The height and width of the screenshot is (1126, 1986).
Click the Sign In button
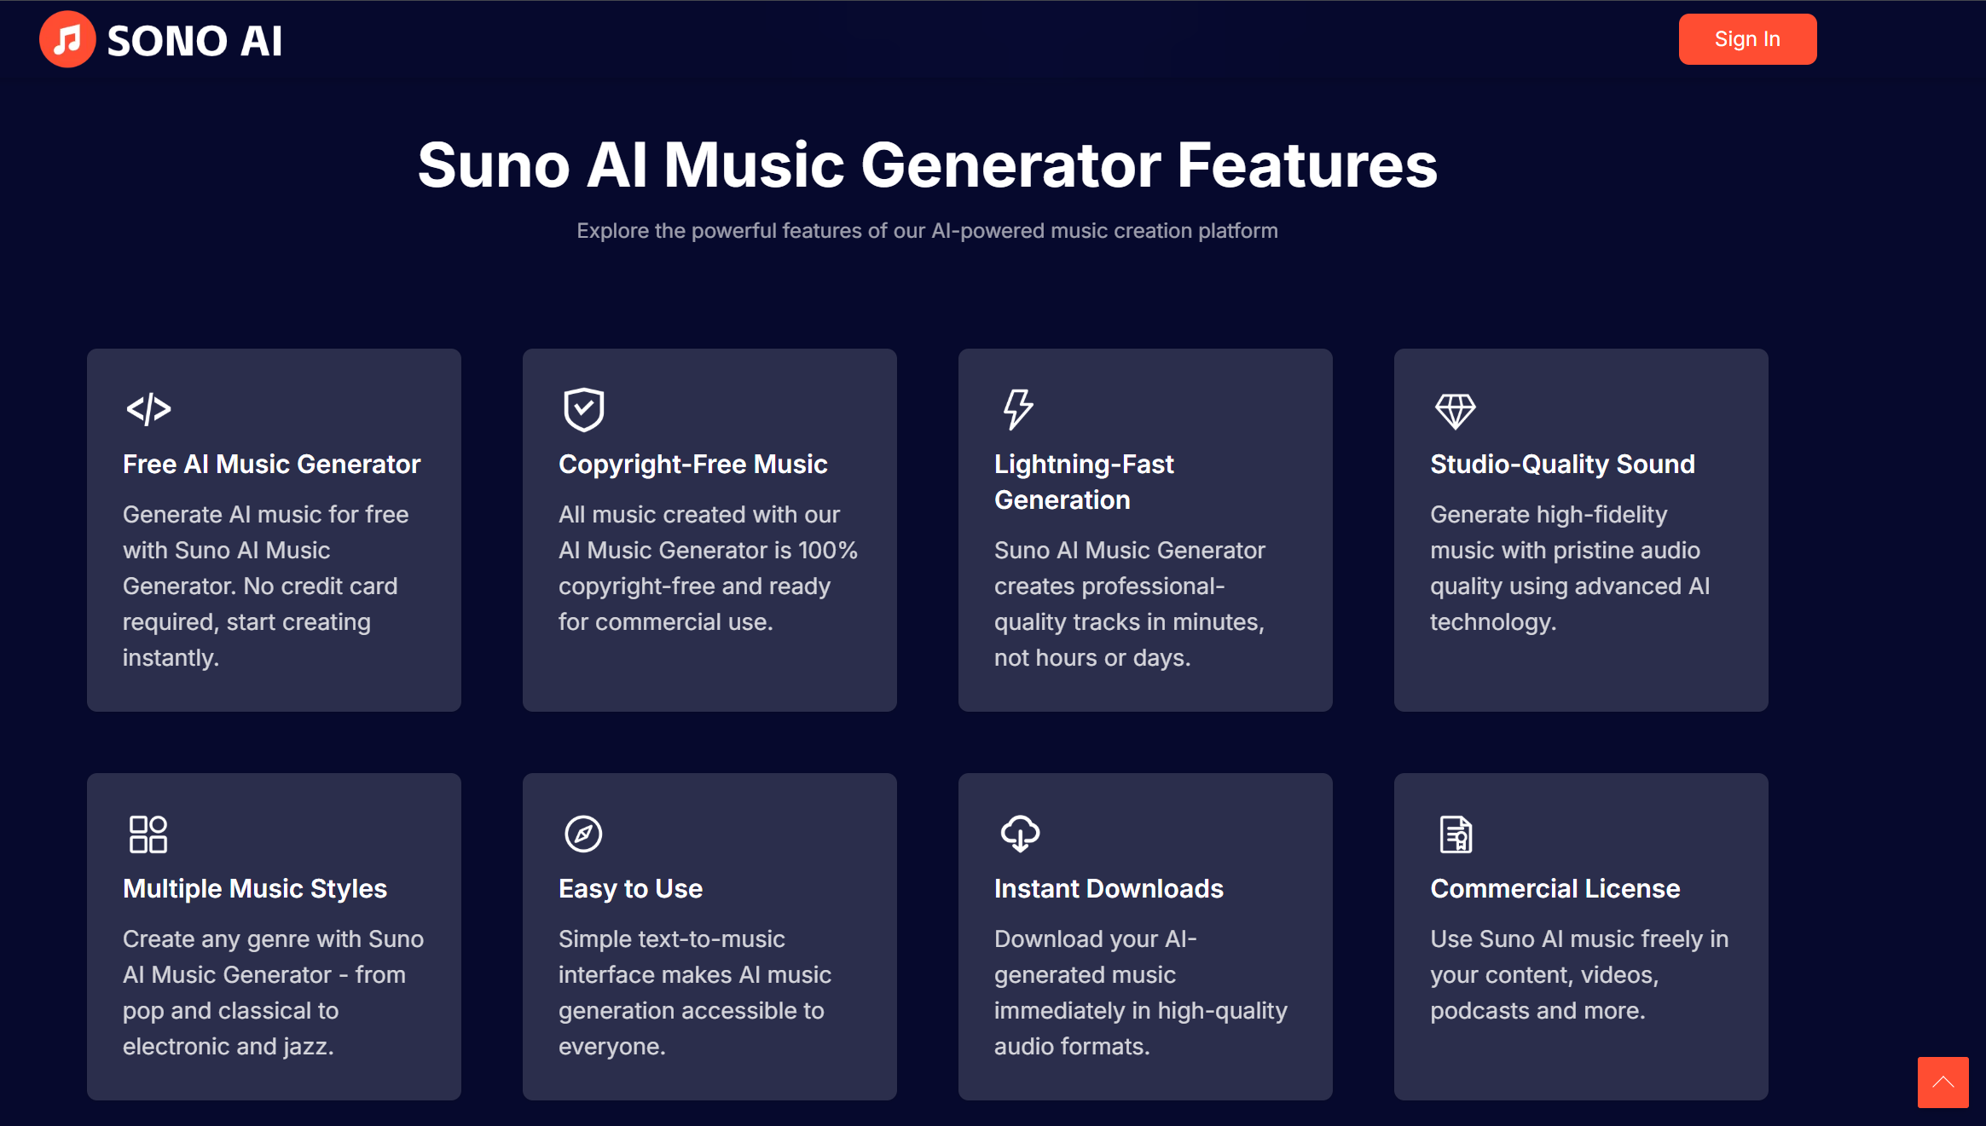click(1746, 39)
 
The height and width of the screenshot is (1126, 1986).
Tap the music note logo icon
click(67, 39)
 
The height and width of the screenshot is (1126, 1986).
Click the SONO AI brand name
click(194, 41)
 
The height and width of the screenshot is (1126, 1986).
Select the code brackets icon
click(148, 409)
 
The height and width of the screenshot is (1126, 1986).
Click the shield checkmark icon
click(584, 409)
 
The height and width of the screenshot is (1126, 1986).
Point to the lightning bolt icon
click(1018, 409)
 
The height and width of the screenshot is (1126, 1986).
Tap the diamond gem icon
click(1455, 411)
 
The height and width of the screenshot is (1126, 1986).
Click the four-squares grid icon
click(148, 834)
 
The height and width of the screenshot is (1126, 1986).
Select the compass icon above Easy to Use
click(584, 834)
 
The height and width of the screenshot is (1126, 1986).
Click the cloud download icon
click(1020, 834)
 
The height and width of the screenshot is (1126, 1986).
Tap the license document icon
click(1456, 834)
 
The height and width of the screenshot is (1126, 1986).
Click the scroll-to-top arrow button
click(1943, 1083)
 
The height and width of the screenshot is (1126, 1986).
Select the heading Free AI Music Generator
click(272, 464)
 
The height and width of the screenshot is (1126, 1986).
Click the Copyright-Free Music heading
click(692, 464)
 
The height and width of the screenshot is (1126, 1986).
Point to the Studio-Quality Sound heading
click(1562, 464)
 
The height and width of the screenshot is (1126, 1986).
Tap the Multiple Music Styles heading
click(255, 888)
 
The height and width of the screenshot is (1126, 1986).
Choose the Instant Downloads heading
click(1109, 888)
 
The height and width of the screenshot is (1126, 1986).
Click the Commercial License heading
click(1555, 888)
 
